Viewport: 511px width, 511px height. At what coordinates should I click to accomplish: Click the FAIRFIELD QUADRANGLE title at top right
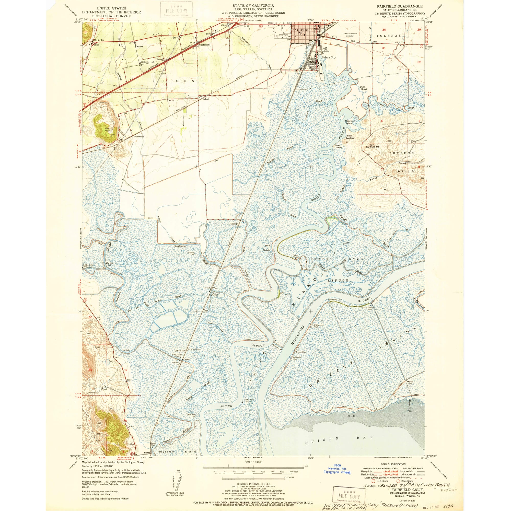coord(400,6)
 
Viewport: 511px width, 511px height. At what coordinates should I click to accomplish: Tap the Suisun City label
coord(329,57)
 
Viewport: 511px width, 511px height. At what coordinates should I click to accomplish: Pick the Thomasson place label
coord(138,136)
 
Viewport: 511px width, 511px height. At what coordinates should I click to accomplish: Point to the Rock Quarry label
coord(107,130)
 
